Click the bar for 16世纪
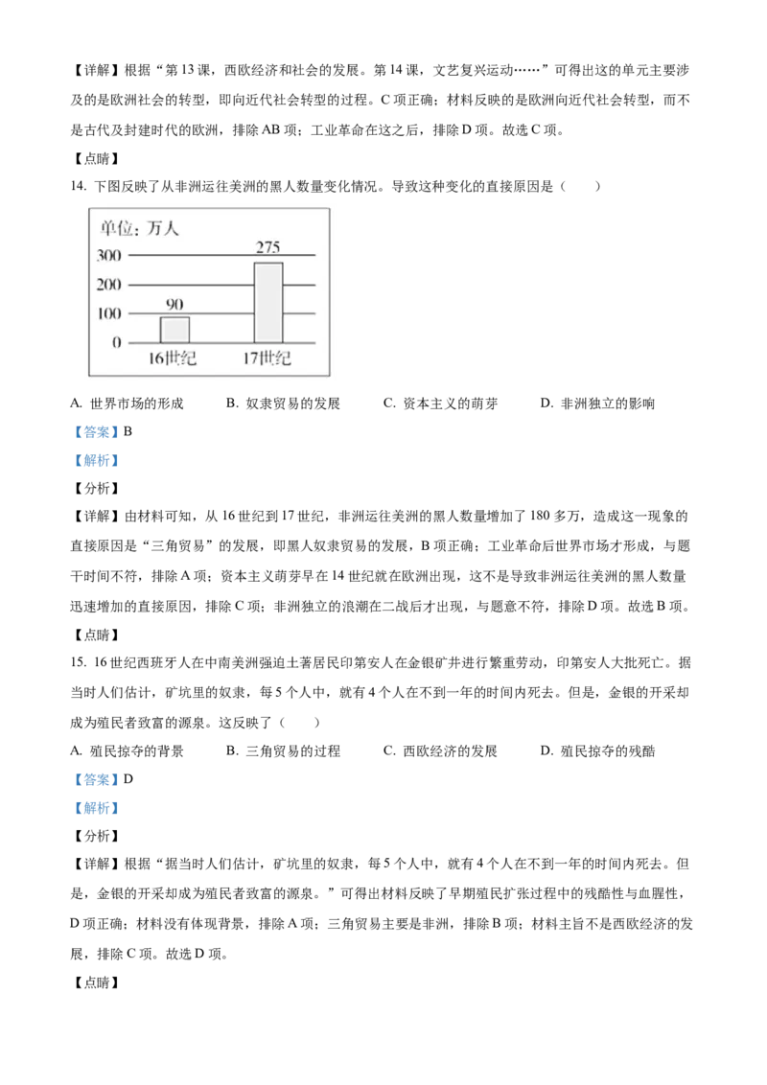(174, 330)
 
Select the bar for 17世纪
(268, 303)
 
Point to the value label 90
(174, 305)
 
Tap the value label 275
(268, 248)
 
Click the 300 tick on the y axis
(109, 256)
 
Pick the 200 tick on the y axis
(109, 285)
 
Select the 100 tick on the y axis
(109, 313)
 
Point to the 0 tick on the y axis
(117, 342)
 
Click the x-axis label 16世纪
(173, 360)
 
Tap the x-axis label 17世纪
(267, 360)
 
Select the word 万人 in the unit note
(164, 228)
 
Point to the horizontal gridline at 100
(221, 313)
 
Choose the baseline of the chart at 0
(221, 342)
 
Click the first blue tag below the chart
(96, 433)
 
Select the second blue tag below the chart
(96, 461)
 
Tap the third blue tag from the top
(96, 779)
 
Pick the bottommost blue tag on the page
(96, 809)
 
